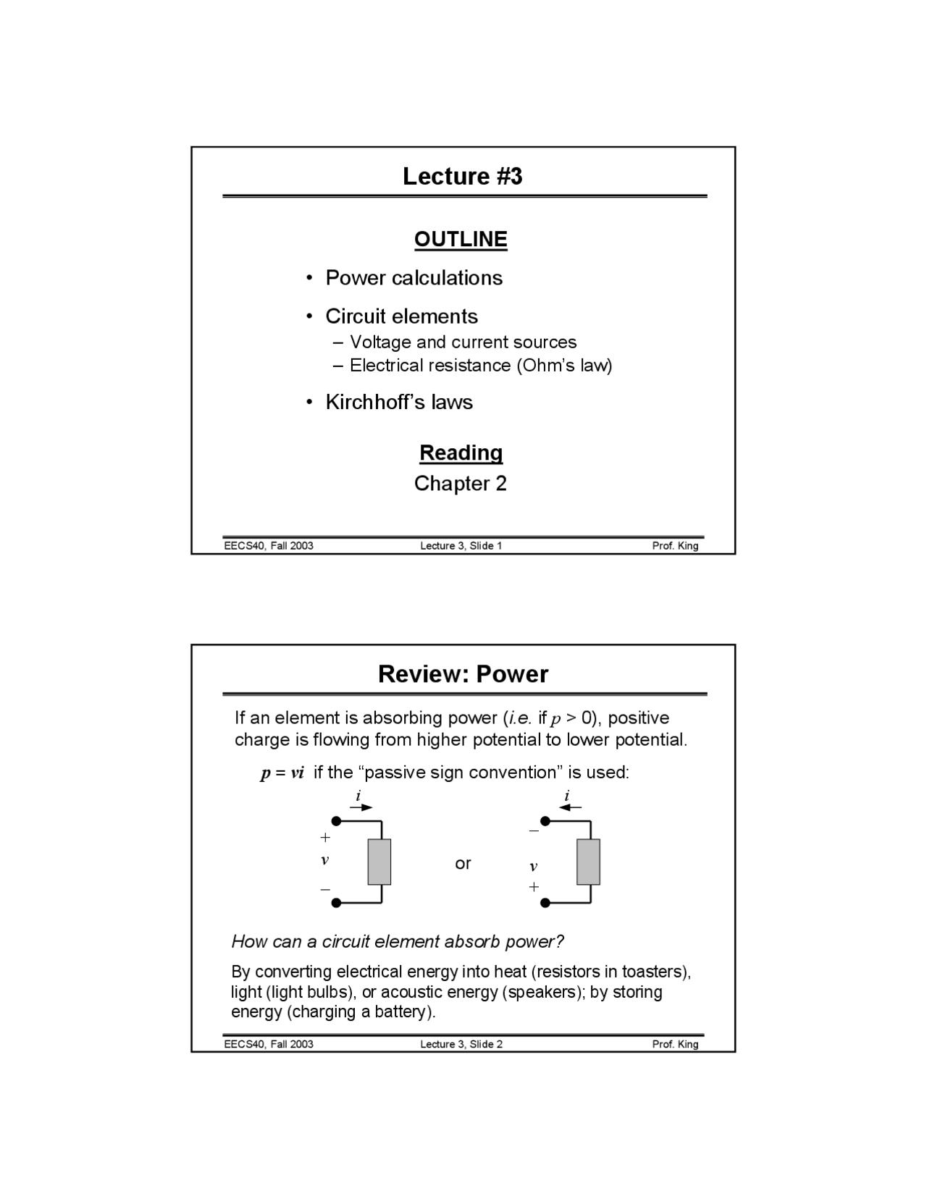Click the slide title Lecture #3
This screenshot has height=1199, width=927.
pyautogui.click(x=462, y=176)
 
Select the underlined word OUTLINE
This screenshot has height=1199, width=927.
pyautogui.click(x=461, y=239)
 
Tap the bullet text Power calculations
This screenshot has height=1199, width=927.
pyautogui.click(x=414, y=278)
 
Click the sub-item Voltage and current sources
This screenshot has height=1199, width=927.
pyautogui.click(x=463, y=342)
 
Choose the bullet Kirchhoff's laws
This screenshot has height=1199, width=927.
pyautogui.click(x=398, y=402)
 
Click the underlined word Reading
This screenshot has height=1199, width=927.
pyautogui.click(x=461, y=453)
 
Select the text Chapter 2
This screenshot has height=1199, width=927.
pyautogui.click(x=461, y=483)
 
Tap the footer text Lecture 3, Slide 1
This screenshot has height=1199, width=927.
pyautogui.click(x=461, y=545)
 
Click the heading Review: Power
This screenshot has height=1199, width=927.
pyautogui.click(x=463, y=674)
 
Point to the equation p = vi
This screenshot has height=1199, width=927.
pyautogui.click(x=282, y=773)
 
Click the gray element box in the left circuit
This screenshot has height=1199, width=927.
pyautogui.click(x=379, y=862)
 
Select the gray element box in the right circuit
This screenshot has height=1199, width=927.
pyautogui.click(x=588, y=862)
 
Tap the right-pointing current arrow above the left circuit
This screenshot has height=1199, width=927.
pyautogui.click(x=361, y=807)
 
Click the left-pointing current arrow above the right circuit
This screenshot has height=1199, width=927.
pyautogui.click(x=571, y=807)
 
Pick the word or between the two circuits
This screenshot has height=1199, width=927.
pyautogui.click(x=463, y=863)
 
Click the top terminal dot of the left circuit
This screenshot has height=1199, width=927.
pyautogui.click(x=336, y=821)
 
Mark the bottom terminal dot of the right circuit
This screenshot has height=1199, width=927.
pyautogui.click(x=545, y=903)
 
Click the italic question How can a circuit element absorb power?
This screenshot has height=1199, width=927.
pyautogui.click(x=397, y=941)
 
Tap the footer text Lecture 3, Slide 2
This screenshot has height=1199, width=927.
pyautogui.click(x=461, y=1043)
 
